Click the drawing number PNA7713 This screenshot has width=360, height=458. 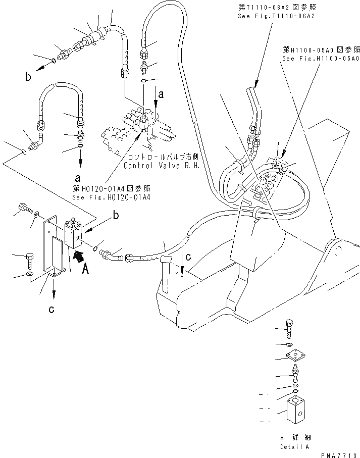341,454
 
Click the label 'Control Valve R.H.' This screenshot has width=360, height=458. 155,165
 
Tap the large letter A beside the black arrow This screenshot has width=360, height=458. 85,270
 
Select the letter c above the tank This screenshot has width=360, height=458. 188,256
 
